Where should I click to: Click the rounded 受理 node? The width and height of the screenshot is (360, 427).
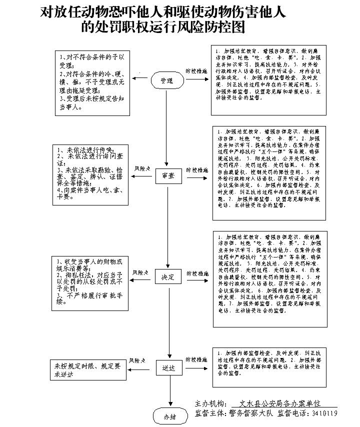[x=167, y=81]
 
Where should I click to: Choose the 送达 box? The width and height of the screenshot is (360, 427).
[x=168, y=368]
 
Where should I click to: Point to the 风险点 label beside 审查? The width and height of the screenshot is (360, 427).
[x=142, y=169]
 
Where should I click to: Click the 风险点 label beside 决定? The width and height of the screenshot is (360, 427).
[x=140, y=272]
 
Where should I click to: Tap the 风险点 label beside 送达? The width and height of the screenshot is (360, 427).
[x=137, y=360]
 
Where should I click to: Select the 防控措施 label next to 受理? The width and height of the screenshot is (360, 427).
[x=196, y=71]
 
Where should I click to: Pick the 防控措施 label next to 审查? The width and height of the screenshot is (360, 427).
[x=197, y=170]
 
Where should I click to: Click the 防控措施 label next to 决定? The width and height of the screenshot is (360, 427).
[x=197, y=273]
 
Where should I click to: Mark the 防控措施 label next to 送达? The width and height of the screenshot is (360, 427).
[x=196, y=359]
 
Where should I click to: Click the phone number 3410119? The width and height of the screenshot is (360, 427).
[x=324, y=413]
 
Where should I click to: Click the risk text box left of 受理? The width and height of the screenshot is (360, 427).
[x=92, y=83]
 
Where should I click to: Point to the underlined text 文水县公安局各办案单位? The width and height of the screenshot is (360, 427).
[x=279, y=403]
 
